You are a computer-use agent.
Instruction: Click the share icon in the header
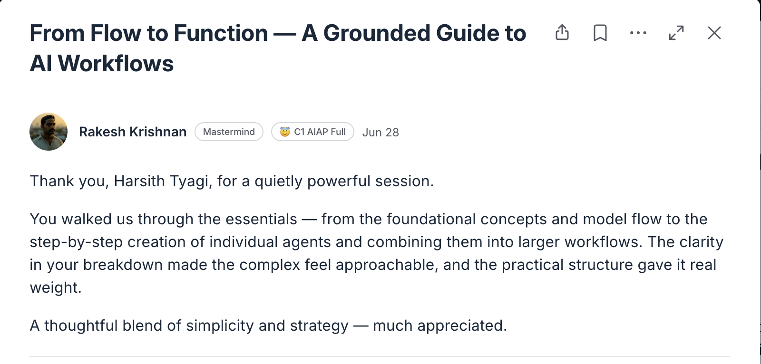click(562, 33)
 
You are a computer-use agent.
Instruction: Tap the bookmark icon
click(600, 33)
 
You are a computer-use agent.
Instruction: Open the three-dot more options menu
click(638, 33)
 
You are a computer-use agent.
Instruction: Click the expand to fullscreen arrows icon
click(676, 33)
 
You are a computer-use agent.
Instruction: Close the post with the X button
click(714, 33)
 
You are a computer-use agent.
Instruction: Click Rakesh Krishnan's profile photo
click(49, 132)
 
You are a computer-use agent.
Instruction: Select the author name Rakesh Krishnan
click(133, 132)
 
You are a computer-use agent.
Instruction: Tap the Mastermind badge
click(229, 132)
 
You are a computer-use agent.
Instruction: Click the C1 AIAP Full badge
click(312, 132)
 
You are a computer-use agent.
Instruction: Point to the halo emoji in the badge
click(285, 132)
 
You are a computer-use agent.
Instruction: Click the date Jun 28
click(380, 133)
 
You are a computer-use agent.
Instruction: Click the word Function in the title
click(221, 33)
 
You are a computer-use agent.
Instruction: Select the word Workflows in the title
click(116, 64)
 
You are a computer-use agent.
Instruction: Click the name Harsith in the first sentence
click(139, 182)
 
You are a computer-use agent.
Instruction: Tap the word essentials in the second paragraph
click(261, 220)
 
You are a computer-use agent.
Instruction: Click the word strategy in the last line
click(319, 326)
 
